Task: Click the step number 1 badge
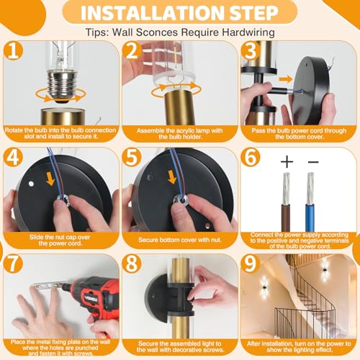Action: click(x=13, y=50)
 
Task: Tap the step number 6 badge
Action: click(x=251, y=157)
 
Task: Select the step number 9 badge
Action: click(x=251, y=264)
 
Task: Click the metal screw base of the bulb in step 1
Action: click(x=62, y=84)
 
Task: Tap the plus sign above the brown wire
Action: click(x=287, y=161)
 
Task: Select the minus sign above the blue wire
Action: click(x=313, y=162)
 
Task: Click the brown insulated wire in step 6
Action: click(x=286, y=217)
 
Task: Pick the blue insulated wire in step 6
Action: click(x=310, y=217)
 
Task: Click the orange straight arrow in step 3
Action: click(x=286, y=79)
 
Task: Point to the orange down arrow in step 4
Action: click(x=50, y=179)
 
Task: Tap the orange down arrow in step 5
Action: click(x=172, y=177)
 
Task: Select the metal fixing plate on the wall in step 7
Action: click(x=47, y=286)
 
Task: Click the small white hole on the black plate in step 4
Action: click(x=31, y=184)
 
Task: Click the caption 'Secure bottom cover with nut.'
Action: click(x=180, y=240)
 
